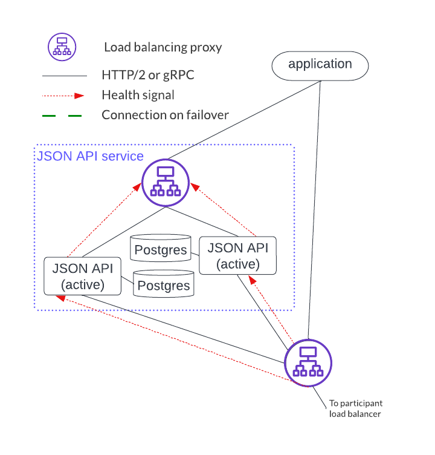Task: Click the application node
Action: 320,65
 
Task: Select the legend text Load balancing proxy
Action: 163,47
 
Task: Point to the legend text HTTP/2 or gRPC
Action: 148,76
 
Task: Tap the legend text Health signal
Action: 138,95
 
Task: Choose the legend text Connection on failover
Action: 165,114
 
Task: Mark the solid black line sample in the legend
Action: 65,76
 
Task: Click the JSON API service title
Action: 91,157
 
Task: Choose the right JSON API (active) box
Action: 237,255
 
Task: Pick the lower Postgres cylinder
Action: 163,284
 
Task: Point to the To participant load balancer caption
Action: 356,408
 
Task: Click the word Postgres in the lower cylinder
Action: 163,286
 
